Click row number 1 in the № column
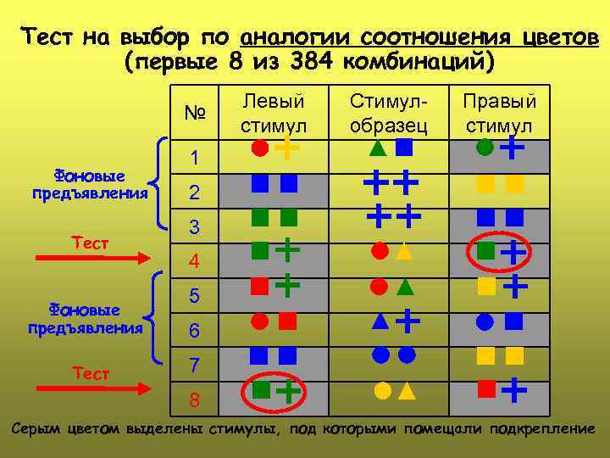[x=194, y=159]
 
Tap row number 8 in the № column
[x=194, y=399]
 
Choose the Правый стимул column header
[x=499, y=114]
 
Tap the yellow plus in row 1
[x=288, y=148]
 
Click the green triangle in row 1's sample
[x=378, y=148]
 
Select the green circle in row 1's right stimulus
[x=485, y=148]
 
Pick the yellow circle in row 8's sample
[x=382, y=391]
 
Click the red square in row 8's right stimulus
[x=486, y=388]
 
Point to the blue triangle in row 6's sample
[x=380, y=321]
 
